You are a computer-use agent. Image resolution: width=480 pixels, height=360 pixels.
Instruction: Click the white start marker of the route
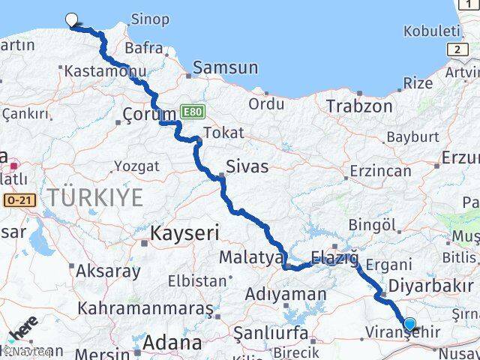pyautogui.click(x=72, y=20)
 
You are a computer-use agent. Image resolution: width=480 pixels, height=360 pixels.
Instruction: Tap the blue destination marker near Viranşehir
pyautogui.click(x=409, y=324)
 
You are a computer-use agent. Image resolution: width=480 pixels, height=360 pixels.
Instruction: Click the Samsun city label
pyautogui.click(x=225, y=67)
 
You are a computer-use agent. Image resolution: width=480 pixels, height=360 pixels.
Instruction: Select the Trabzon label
pyautogui.click(x=358, y=106)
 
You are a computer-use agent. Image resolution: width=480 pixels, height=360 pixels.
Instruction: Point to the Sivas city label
pyautogui.click(x=247, y=166)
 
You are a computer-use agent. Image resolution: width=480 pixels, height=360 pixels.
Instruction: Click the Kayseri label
pyautogui.click(x=184, y=232)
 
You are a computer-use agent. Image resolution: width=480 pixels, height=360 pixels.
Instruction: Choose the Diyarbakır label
pyautogui.click(x=430, y=286)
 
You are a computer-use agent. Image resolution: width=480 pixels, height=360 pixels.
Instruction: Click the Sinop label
pyautogui.click(x=149, y=19)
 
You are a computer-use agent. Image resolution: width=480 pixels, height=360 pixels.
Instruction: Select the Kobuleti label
pyautogui.click(x=430, y=31)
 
